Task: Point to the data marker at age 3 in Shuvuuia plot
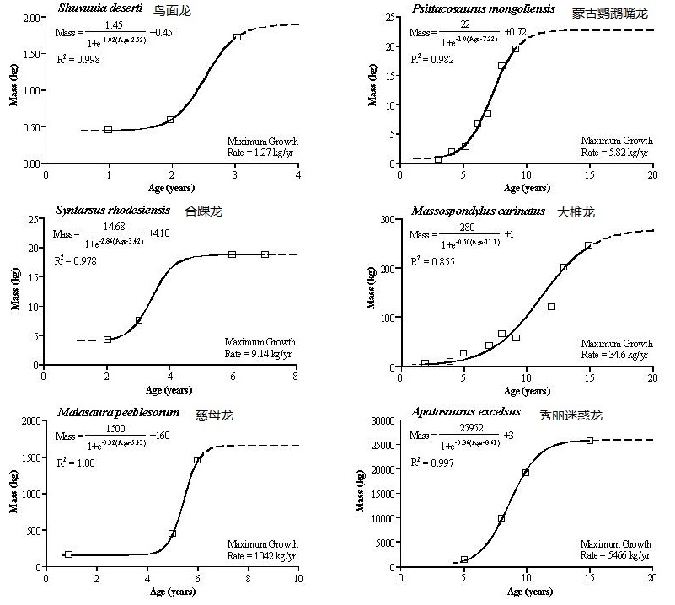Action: pyautogui.click(x=237, y=37)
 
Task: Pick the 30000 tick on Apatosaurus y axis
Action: pyautogui.click(x=379, y=420)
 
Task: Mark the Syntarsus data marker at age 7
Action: pyautogui.click(x=265, y=254)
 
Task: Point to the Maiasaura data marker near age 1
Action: pyautogui.click(x=68, y=554)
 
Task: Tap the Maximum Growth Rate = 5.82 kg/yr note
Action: pyautogui.click(x=617, y=146)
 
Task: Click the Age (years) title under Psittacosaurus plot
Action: pyautogui.click(x=527, y=188)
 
